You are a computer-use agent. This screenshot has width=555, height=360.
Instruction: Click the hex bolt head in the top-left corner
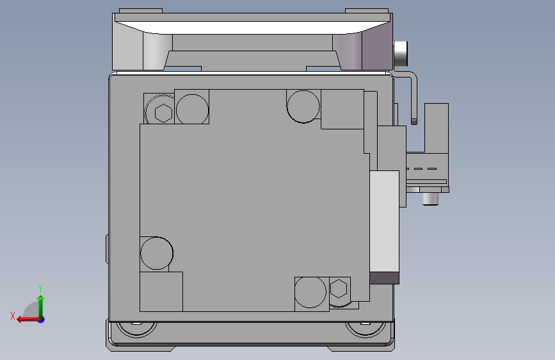[163, 113]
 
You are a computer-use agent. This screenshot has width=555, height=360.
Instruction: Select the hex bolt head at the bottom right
[339, 290]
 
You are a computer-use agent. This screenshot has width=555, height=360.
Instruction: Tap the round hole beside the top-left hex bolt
[192, 108]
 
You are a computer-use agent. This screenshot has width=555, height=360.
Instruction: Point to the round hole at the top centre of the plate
[303, 105]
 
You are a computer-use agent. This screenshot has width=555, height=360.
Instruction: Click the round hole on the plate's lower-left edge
[156, 253]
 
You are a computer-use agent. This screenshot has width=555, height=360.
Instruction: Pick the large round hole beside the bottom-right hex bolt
[311, 292]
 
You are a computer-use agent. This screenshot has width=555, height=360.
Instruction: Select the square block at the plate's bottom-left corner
[161, 291]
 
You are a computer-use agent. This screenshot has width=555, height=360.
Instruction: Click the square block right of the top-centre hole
[342, 109]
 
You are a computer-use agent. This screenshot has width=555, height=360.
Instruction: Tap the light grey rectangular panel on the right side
[385, 221]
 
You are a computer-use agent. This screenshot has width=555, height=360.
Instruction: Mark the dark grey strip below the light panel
[385, 277]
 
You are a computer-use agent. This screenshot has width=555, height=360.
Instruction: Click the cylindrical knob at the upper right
[401, 53]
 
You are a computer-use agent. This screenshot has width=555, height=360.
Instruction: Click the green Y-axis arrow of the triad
[40, 301]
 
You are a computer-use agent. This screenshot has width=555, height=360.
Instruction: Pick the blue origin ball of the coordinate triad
[41, 318]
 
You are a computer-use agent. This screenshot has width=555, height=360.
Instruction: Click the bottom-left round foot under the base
[135, 328]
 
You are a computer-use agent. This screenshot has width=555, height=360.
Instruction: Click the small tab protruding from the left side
[107, 249]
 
